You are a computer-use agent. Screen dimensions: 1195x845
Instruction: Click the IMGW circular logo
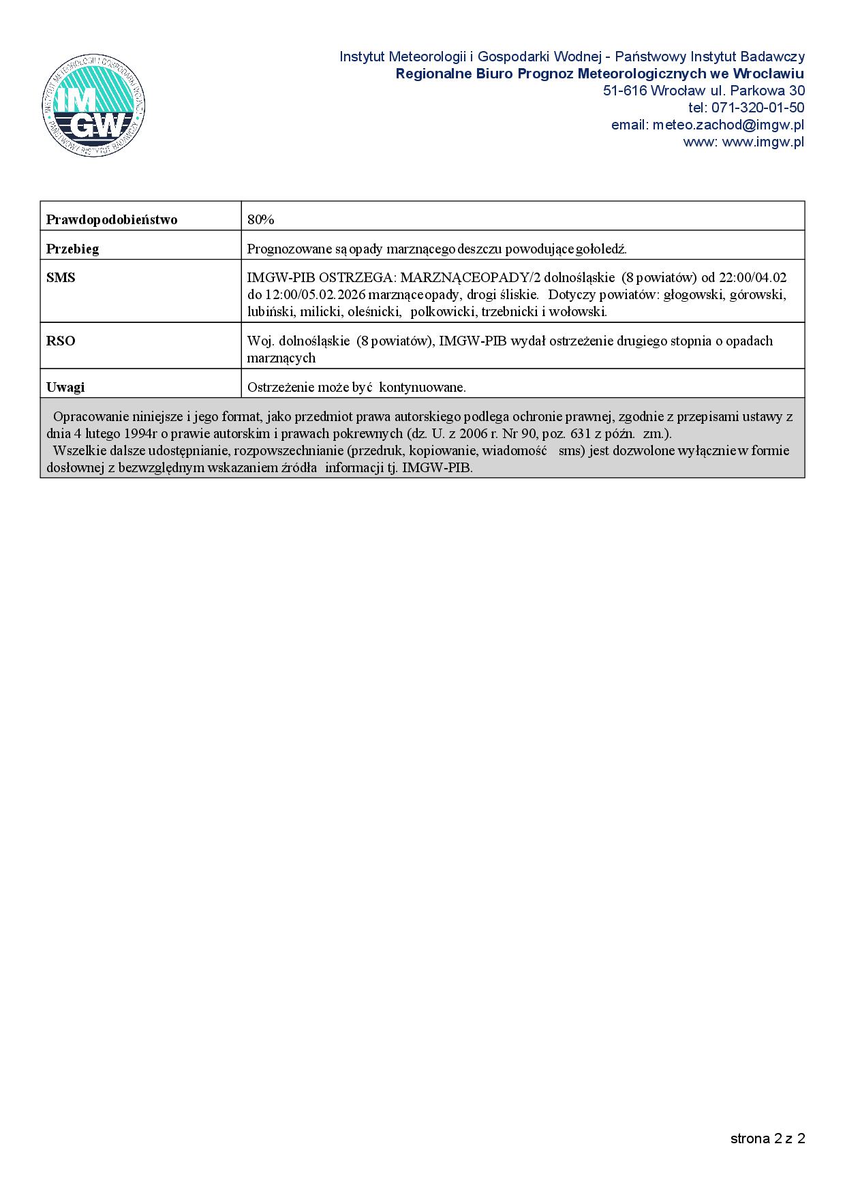(x=93, y=106)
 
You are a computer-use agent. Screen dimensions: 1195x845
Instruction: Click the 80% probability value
(x=260, y=219)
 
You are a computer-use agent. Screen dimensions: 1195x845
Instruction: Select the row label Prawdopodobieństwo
(x=112, y=219)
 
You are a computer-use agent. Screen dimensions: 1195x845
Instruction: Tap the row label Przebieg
(x=72, y=249)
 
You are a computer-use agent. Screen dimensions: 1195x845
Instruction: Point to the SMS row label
(x=61, y=278)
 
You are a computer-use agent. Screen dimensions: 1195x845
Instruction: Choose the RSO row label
(x=61, y=341)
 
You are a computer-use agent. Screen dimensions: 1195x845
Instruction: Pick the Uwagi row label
(x=65, y=387)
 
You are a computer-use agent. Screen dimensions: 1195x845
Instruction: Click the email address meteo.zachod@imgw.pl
(x=728, y=125)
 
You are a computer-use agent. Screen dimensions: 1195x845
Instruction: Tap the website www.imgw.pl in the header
(x=763, y=142)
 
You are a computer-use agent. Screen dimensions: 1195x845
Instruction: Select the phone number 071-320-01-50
(x=757, y=108)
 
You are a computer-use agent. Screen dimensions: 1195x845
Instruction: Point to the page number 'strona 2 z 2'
(x=767, y=1138)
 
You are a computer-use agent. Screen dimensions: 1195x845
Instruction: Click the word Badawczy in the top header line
(x=776, y=57)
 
